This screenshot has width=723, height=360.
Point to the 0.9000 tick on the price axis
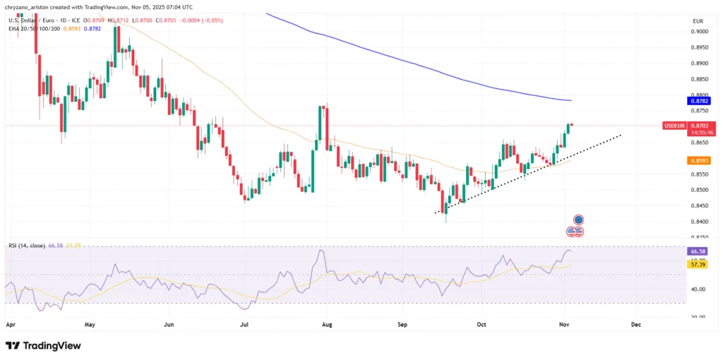700,32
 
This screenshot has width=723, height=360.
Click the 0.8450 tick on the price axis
700,206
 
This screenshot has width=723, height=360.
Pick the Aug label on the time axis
327,325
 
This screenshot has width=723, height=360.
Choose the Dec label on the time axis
635,325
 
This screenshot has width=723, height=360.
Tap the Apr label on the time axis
10,325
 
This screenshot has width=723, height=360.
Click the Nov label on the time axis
563,325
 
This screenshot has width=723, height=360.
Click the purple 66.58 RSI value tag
697,251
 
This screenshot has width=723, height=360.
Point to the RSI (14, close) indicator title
25,246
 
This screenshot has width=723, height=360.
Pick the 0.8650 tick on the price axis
700,143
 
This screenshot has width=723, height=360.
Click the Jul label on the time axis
244,325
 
